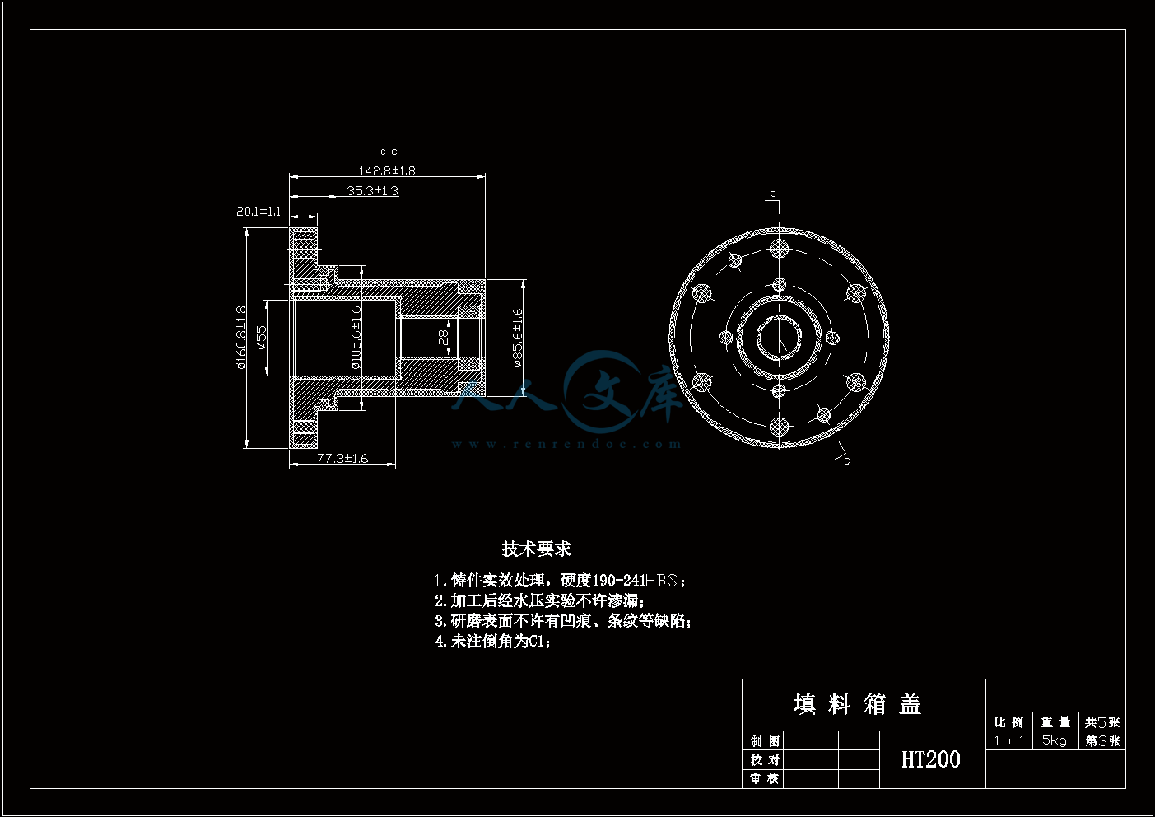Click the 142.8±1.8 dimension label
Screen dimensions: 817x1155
(386, 171)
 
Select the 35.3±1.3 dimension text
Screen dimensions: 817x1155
(372, 191)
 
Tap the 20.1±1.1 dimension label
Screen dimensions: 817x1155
(258, 212)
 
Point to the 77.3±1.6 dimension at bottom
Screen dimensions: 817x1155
(342, 459)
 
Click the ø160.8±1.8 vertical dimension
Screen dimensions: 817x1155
(241, 338)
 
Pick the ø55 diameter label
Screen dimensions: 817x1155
(262, 338)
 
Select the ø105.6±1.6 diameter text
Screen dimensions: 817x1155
(356, 338)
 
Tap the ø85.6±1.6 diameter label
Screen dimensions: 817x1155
(517, 338)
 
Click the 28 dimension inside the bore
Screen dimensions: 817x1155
(444, 338)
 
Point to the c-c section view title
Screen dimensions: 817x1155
(389, 152)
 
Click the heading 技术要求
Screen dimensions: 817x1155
(536, 549)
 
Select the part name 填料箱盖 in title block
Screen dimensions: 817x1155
(857, 704)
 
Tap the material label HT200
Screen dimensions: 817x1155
(931, 759)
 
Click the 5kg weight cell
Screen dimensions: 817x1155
(1054, 740)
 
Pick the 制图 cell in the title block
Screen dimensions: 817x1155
(764, 740)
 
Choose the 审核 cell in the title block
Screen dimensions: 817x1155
(764, 778)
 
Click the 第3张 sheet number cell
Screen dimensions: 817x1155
(1102, 740)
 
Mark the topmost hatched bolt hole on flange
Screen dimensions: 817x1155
(779, 248)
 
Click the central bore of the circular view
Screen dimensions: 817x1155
(779, 338)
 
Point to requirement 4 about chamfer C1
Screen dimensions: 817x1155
(493, 641)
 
